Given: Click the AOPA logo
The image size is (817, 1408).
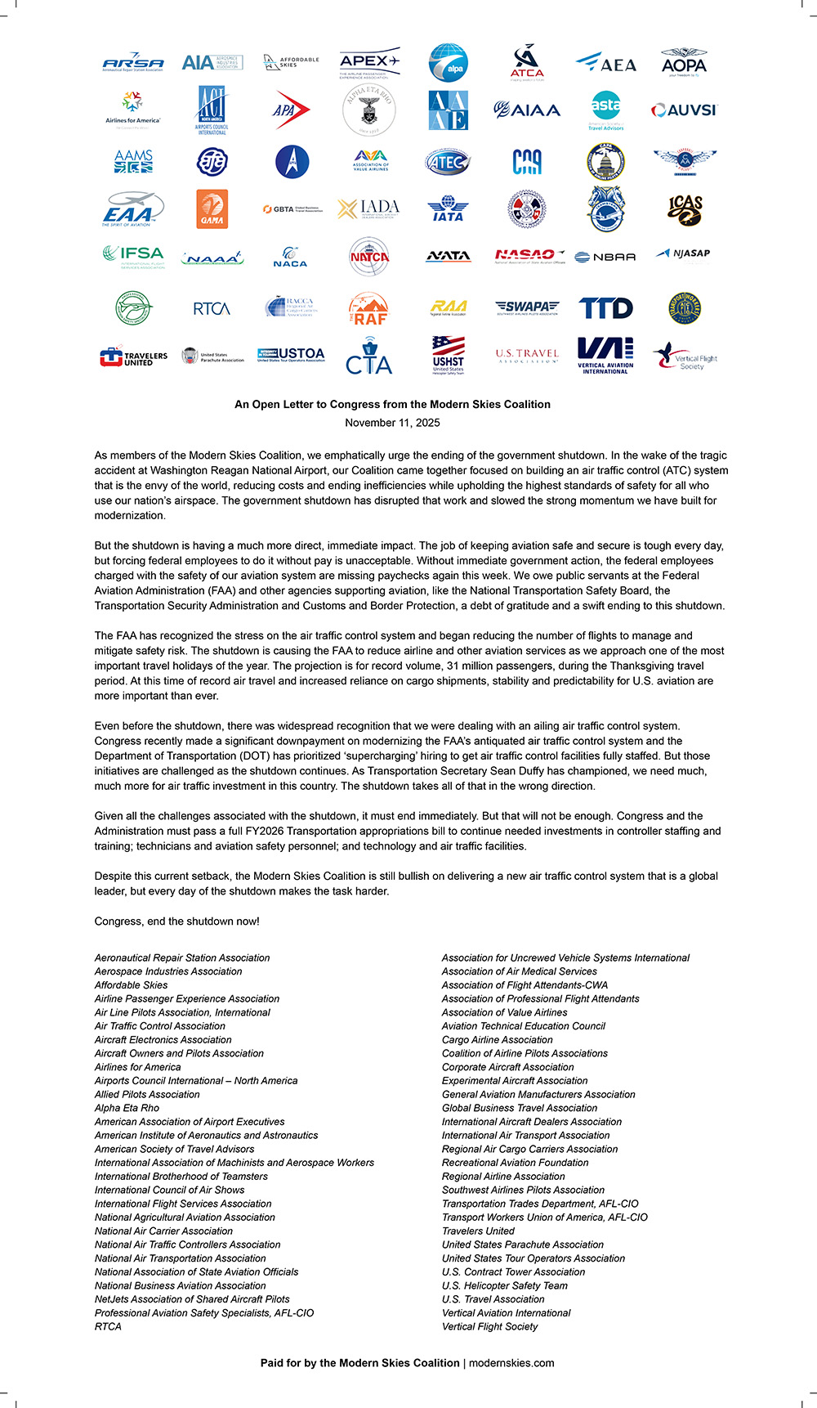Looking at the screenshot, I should tap(684, 63).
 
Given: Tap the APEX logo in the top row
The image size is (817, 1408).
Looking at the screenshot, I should tap(369, 63).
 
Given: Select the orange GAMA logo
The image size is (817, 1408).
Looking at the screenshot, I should tap(212, 209).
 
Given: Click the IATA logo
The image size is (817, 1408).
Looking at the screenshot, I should tap(448, 209).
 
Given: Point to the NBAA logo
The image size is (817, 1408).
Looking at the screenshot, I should tap(605, 257).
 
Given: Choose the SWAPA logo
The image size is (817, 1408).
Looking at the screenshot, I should tap(527, 307).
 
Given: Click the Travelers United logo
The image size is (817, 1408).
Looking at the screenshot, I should tap(133, 357).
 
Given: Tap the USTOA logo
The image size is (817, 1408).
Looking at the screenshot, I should tap(291, 355).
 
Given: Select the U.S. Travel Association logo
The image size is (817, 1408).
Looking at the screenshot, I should tap(527, 356).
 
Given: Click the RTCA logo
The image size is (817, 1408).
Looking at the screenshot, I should tap(212, 308).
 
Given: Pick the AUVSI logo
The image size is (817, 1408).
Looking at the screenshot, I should tap(684, 110).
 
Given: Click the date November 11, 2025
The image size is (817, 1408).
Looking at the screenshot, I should tap(392, 423).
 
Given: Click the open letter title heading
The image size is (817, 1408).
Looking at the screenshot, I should tap(392, 404).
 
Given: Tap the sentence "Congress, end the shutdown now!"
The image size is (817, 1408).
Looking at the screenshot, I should tap(176, 921).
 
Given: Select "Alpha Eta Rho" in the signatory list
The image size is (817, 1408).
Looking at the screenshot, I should tap(127, 1108).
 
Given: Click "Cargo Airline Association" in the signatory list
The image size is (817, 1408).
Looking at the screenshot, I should tap(497, 1040).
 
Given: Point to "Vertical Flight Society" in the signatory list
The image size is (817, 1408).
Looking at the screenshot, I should tap(489, 1326).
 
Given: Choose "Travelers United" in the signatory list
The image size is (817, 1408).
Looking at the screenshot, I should tap(478, 1231).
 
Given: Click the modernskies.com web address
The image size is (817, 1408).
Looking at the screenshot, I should tap(511, 1363).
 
